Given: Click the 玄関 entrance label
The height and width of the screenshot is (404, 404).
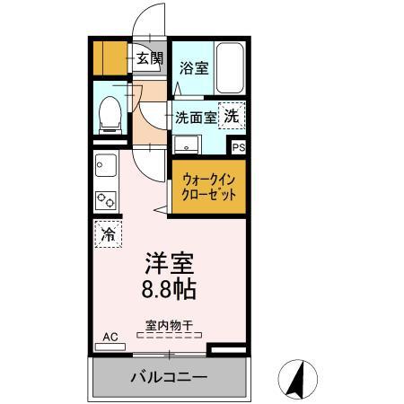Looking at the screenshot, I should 149,59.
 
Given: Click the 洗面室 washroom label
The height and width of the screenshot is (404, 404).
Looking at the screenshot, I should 195,117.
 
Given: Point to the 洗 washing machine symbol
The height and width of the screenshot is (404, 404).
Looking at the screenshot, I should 231,116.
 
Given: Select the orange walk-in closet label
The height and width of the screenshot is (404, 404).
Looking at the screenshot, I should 208,186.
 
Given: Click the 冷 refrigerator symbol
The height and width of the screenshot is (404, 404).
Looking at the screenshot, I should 107,236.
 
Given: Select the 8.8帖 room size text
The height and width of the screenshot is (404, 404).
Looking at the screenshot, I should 169,290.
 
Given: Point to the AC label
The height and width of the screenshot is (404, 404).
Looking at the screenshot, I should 110,337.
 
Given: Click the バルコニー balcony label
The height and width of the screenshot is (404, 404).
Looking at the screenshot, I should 169,377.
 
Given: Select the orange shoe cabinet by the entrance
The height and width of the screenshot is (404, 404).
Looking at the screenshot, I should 112,59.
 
